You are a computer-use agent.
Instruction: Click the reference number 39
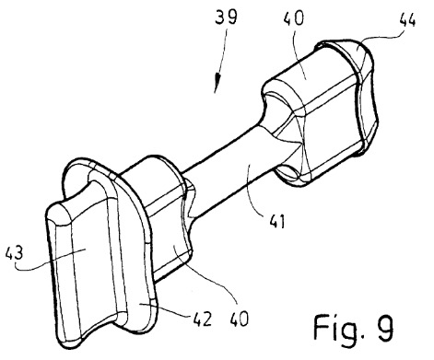pos(226,17)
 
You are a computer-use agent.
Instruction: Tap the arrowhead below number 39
pos(217,84)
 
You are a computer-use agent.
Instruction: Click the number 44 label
pos(407,19)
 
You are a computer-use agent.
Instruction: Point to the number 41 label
pos(277,221)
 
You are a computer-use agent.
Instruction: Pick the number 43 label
pos(14,253)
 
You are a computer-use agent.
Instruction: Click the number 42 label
pos(203,319)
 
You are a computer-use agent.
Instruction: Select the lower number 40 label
pos(239,319)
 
